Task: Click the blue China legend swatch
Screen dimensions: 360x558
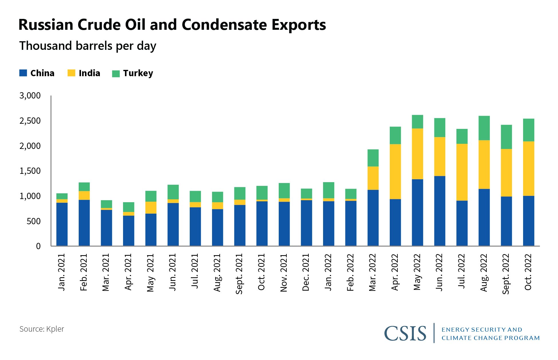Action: (x=23, y=73)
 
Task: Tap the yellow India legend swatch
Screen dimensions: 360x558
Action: (x=71, y=73)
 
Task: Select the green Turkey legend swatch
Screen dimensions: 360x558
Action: (x=116, y=74)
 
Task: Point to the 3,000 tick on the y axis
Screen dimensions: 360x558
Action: (x=30, y=96)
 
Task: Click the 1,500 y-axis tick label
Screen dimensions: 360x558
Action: (x=30, y=171)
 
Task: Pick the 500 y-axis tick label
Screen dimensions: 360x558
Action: (x=33, y=221)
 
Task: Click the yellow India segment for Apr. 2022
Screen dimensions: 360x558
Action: (x=395, y=172)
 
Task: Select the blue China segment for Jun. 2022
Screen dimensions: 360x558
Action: (x=440, y=211)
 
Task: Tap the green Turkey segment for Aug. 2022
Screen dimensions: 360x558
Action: (x=484, y=128)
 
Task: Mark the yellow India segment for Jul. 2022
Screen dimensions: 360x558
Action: (x=462, y=172)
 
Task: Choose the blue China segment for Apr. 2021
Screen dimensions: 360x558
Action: (x=128, y=231)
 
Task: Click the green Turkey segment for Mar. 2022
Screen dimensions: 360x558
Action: (x=373, y=158)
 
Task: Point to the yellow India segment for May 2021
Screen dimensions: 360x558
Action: (x=151, y=208)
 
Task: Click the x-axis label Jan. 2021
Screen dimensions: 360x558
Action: (x=62, y=272)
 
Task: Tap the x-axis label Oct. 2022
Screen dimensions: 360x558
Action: (x=528, y=272)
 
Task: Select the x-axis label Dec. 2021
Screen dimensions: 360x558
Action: (x=306, y=272)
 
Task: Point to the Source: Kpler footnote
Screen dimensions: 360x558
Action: (x=42, y=329)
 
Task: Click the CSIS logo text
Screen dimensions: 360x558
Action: (x=405, y=333)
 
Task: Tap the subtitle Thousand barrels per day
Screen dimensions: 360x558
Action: (x=88, y=46)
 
